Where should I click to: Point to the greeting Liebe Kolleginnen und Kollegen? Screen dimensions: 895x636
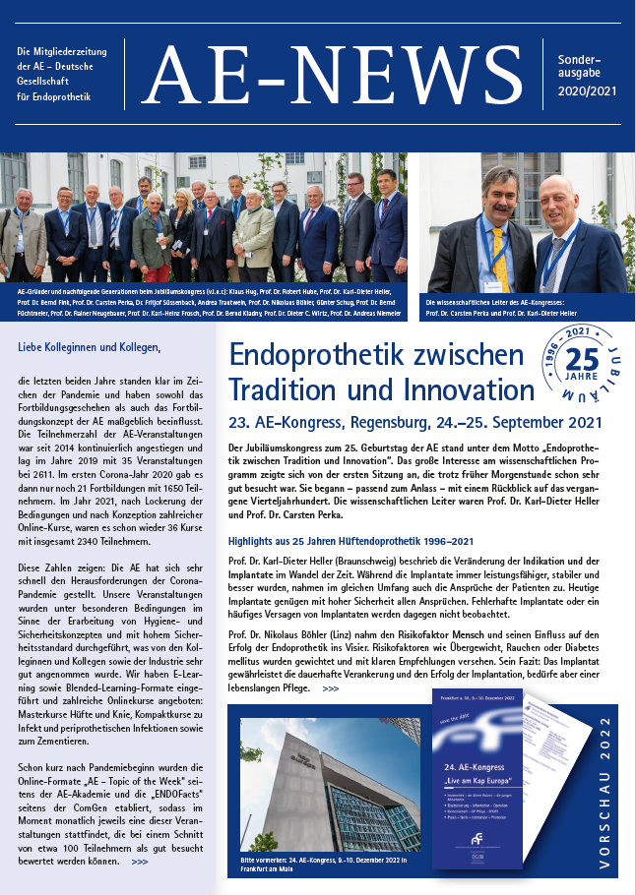click(x=89, y=347)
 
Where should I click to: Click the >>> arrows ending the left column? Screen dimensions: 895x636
click(x=140, y=862)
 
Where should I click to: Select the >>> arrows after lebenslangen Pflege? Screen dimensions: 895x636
click(x=330, y=688)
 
